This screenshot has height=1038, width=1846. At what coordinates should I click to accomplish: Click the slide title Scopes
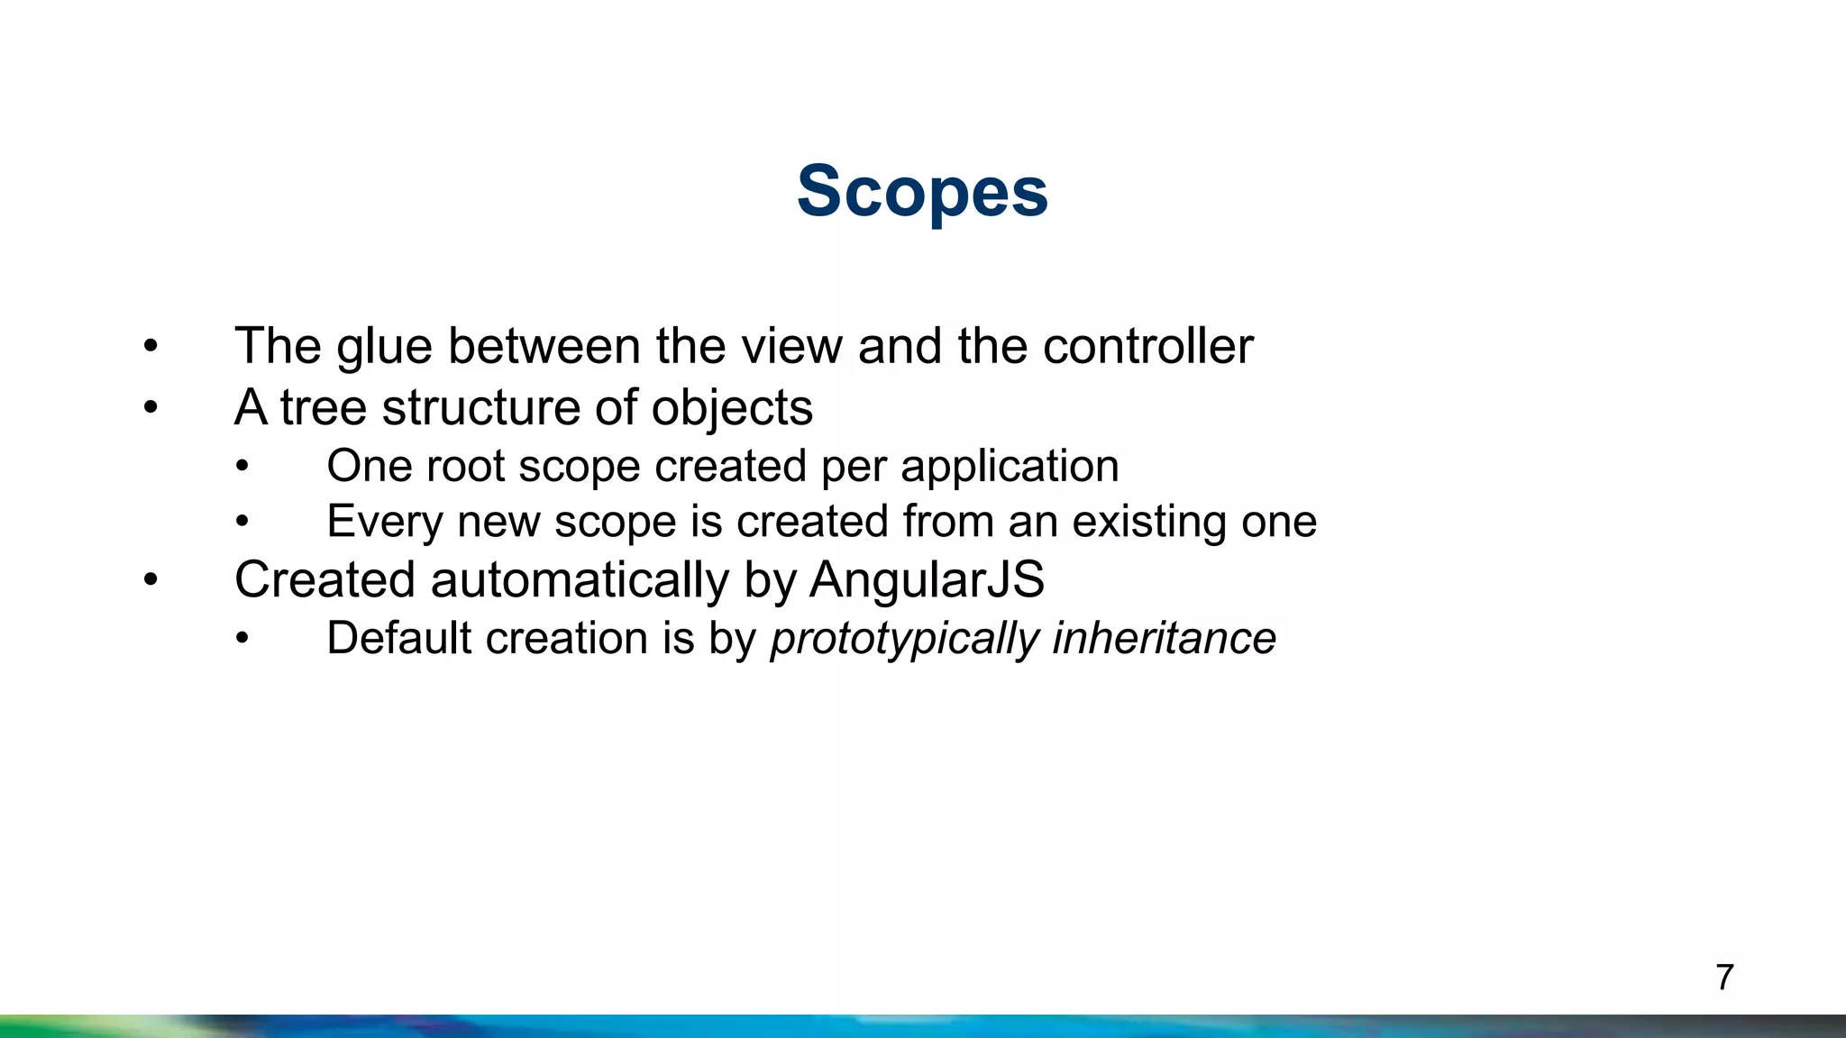coord(922,192)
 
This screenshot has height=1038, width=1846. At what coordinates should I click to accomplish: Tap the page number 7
coord(1724,978)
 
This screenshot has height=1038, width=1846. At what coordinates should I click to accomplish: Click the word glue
coord(385,347)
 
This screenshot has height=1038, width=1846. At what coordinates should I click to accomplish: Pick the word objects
coord(732,409)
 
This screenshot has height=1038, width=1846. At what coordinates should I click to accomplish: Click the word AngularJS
coord(927,579)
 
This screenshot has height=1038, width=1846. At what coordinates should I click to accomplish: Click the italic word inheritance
coord(1164,638)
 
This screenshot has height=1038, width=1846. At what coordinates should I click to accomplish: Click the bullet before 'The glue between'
coord(151,347)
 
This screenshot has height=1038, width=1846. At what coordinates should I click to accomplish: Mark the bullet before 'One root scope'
coord(242,467)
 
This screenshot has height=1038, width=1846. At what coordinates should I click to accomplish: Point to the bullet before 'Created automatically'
coord(151,580)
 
